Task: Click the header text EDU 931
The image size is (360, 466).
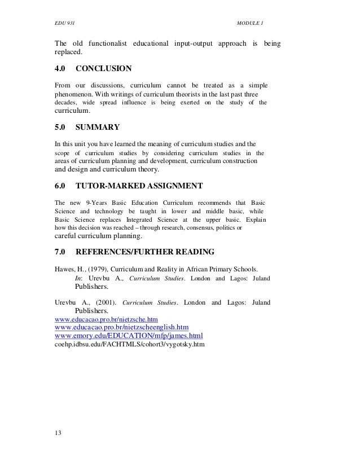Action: point(63,23)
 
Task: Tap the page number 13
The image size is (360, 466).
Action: point(58,434)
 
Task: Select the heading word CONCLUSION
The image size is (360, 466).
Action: point(103,69)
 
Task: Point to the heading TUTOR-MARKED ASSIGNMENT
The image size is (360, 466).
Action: point(139,185)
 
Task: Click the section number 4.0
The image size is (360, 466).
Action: point(60,69)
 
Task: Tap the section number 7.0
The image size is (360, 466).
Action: point(60,251)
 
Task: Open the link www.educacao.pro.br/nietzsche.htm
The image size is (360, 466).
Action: point(105,319)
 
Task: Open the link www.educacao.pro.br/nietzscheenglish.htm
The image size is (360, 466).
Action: point(121,327)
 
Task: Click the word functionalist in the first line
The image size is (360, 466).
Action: point(107,44)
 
